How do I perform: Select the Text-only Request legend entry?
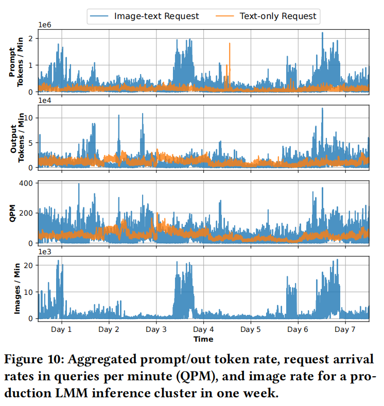tap(278, 16)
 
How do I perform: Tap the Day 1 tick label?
tap(62, 329)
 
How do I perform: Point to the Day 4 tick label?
tap(203, 329)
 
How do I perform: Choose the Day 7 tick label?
tap(345, 329)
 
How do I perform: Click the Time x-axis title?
tap(203, 339)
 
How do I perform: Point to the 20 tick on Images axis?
tap(29, 265)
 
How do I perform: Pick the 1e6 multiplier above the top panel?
tap(45, 25)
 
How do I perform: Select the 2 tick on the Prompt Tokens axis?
tap(31, 39)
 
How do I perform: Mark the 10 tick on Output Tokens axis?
tap(29, 118)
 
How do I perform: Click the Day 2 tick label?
tap(109, 329)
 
